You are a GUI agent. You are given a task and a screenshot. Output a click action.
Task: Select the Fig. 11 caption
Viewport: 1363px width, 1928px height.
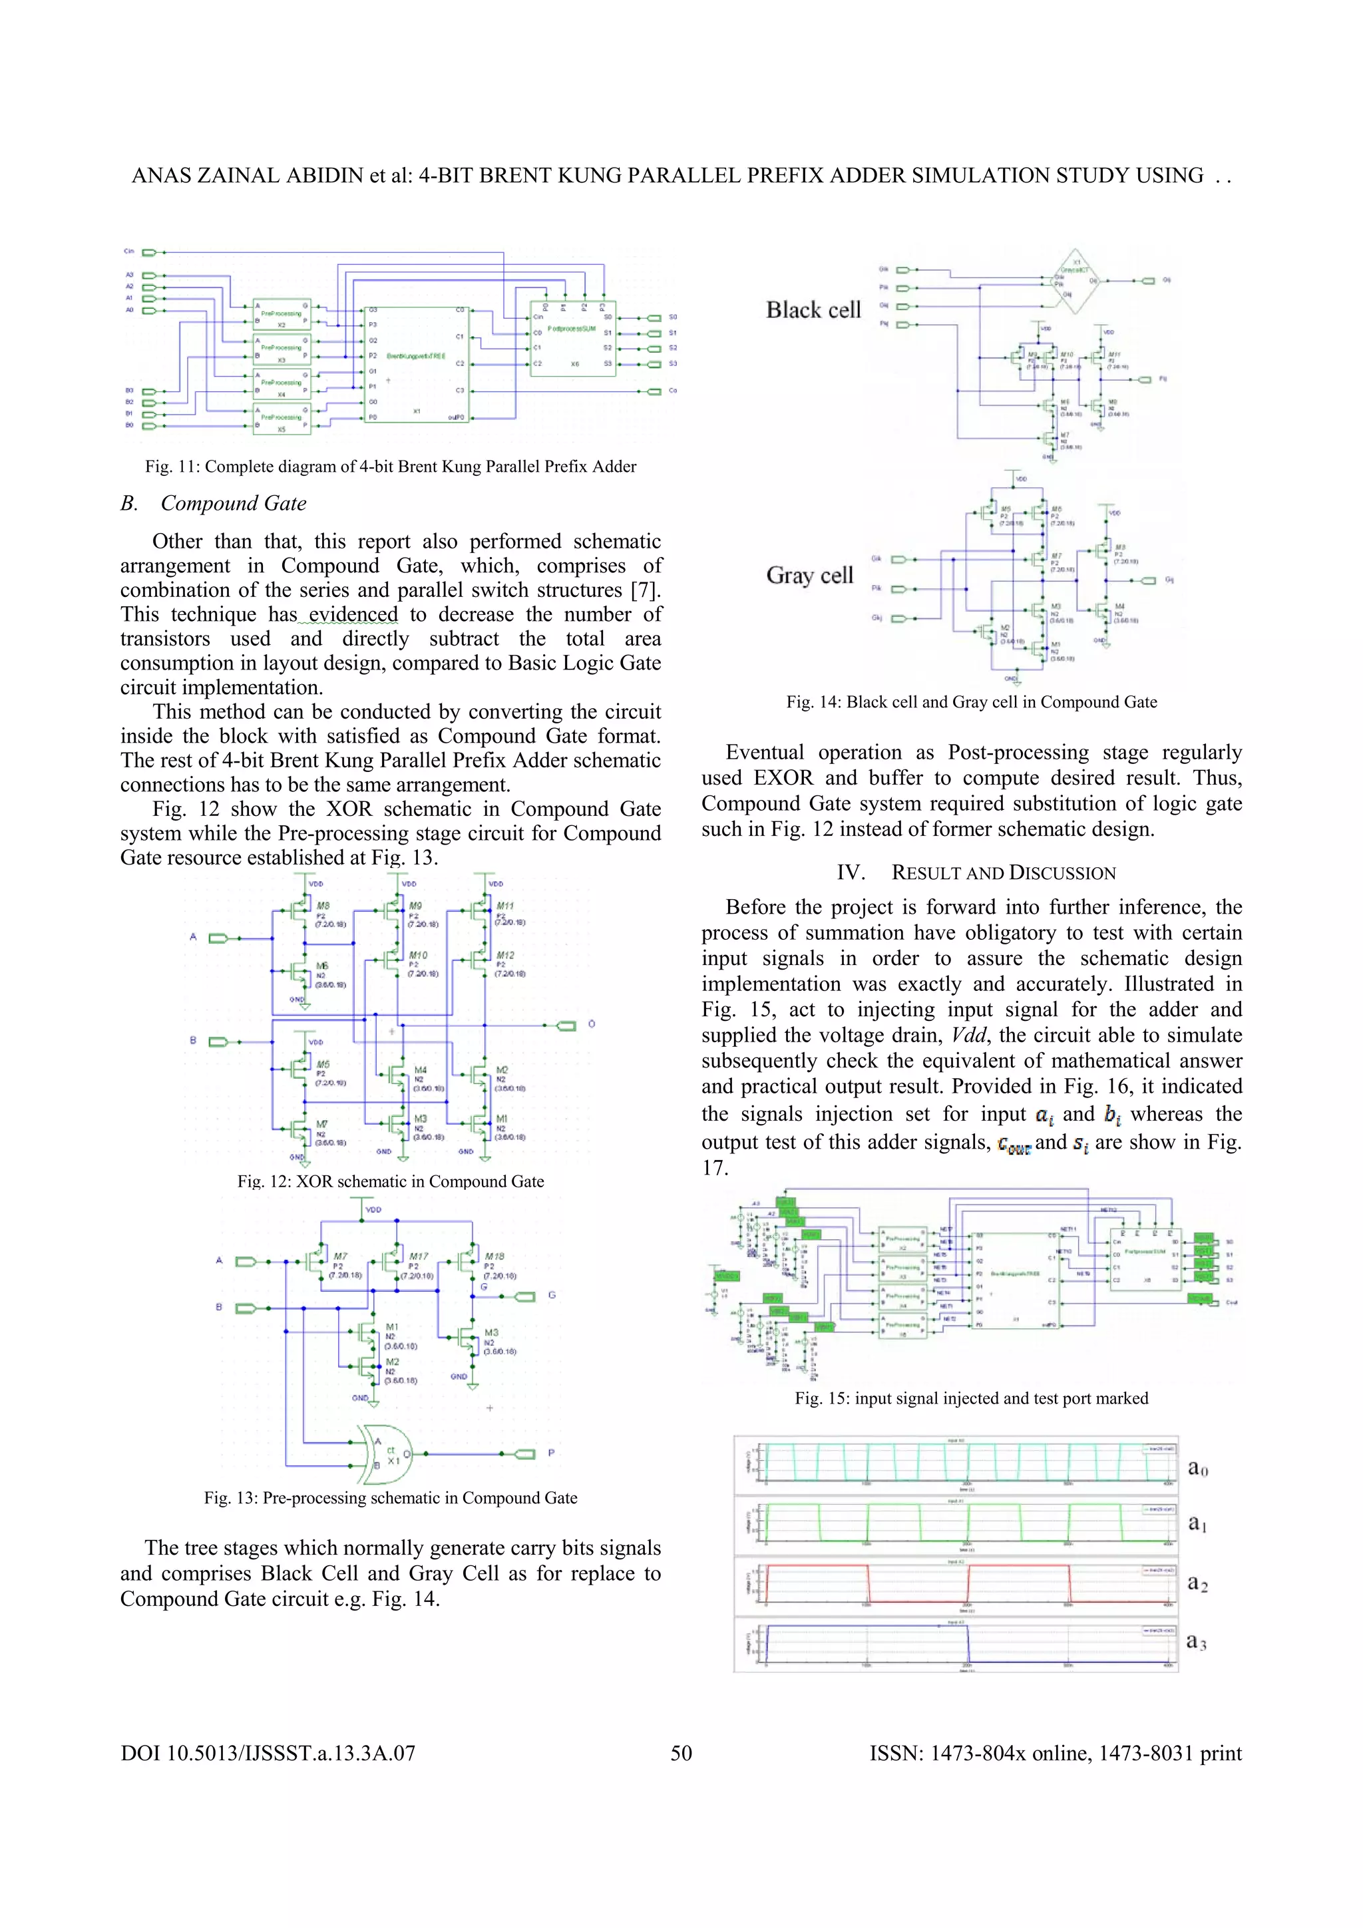[391, 467]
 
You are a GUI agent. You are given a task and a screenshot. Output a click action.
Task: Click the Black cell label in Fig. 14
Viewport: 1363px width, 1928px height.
[813, 310]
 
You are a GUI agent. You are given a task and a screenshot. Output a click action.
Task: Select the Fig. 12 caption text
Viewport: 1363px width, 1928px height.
[391, 1181]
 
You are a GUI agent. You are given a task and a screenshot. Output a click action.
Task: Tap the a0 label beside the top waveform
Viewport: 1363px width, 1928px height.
[1197, 1468]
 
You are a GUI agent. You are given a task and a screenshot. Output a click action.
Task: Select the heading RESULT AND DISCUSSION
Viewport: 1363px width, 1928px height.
[976, 872]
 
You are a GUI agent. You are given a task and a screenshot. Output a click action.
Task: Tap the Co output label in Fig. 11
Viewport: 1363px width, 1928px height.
[673, 391]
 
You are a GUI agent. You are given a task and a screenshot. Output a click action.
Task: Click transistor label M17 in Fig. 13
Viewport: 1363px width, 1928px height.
[417, 1256]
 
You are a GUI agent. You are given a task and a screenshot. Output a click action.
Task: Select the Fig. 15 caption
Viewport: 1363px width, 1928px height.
[972, 1398]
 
